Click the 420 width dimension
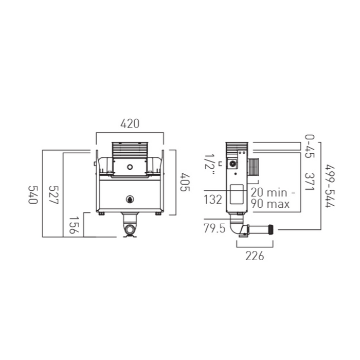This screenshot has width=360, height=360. click(130, 124)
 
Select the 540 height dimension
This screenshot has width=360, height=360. click(33, 195)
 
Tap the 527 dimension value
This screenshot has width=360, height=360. click(53, 195)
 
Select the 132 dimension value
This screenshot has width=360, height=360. click(212, 200)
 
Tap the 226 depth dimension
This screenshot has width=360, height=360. click(255, 256)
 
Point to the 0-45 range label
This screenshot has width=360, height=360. click(309, 146)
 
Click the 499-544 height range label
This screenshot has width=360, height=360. click(330, 186)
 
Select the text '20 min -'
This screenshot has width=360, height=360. click(273, 192)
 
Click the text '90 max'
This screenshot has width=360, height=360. click(270, 204)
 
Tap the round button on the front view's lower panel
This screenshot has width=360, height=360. click(130, 199)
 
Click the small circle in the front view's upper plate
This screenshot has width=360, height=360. click(130, 167)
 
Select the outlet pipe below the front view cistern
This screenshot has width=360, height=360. click(130, 227)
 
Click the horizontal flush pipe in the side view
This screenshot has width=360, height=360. click(261, 229)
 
